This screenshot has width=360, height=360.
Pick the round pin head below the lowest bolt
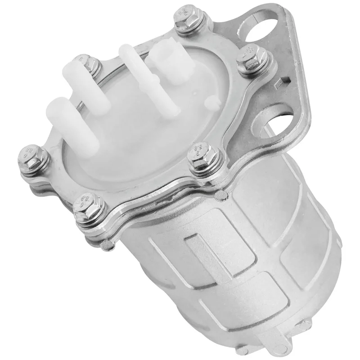[106, 244]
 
